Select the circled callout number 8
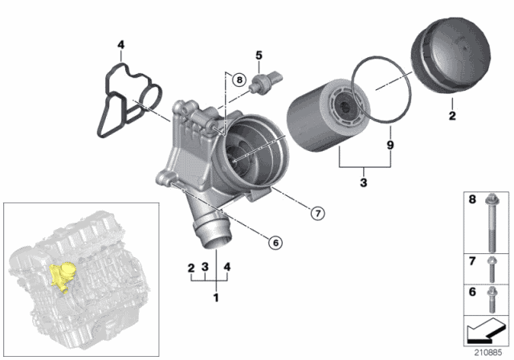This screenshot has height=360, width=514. pyautogui.click(x=238, y=79)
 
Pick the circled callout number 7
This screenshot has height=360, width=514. pyautogui.click(x=318, y=213)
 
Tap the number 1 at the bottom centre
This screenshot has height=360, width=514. pyautogui.click(x=214, y=298)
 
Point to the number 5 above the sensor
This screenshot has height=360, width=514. pyautogui.click(x=259, y=55)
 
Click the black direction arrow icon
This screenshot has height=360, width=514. pyautogui.click(x=486, y=329)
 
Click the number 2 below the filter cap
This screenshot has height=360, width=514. pyautogui.click(x=451, y=116)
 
